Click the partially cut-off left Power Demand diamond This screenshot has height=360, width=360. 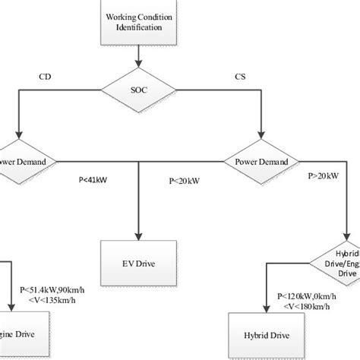(23, 161)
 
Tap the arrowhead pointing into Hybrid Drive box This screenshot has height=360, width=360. (266, 311)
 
